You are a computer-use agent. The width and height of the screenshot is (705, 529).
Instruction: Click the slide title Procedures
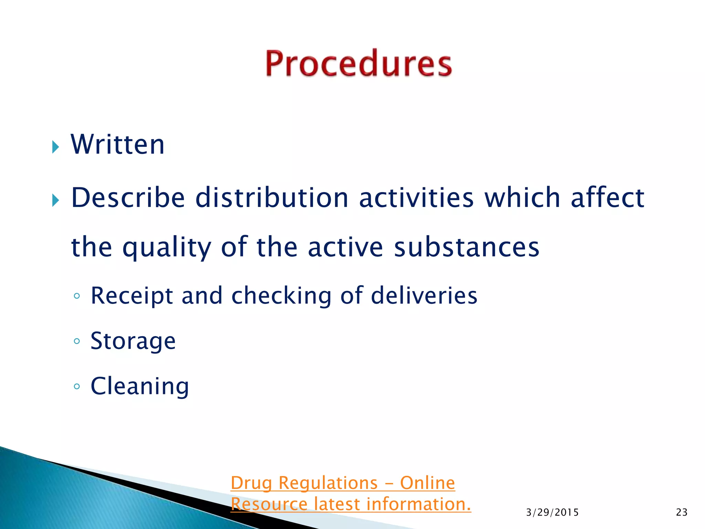click(358, 63)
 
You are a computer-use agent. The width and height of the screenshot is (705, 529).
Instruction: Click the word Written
click(118, 145)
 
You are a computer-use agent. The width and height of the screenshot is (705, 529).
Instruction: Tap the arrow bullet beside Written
click(55, 147)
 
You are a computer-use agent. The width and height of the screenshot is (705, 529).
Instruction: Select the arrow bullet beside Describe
click(55, 200)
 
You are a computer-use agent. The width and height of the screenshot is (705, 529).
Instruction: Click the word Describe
click(128, 198)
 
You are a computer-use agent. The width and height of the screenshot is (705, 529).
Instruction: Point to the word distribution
click(272, 198)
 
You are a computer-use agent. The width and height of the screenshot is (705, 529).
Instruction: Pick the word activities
click(416, 198)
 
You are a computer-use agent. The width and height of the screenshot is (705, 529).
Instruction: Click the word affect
click(608, 198)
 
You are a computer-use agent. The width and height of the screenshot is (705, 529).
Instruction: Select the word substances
click(466, 247)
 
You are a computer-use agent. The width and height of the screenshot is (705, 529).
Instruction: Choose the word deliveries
click(424, 295)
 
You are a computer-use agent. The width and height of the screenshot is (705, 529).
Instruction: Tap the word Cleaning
click(140, 386)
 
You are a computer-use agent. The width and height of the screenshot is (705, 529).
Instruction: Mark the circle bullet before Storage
click(77, 341)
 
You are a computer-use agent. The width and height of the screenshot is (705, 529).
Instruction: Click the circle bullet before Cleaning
click(77, 386)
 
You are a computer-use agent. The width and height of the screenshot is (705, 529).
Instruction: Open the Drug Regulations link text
click(343, 483)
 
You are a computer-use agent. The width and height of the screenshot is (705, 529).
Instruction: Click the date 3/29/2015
click(552, 512)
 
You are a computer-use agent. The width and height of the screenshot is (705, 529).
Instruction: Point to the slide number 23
click(682, 512)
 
